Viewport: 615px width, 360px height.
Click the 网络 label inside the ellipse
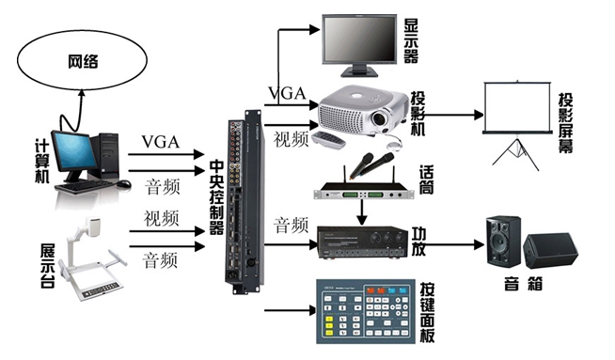point(83,62)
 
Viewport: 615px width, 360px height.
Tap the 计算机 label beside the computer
point(42,161)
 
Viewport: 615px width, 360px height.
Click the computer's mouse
point(123,183)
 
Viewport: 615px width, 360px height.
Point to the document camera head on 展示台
point(93,227)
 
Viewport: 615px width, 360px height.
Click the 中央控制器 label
point(216,196)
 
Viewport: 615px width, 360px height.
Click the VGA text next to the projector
point(287,94)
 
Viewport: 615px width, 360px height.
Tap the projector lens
point(379,117)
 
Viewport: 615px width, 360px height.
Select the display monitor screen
point(359,39)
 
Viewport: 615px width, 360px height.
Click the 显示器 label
point(411,40)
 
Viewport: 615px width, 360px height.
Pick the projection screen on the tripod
point(516,107)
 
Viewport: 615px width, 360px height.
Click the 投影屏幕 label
point(565,123)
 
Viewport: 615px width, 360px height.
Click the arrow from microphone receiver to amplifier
point(362,211)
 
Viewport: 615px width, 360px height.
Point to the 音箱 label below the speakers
point(523,283)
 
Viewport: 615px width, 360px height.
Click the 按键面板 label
point(427,312)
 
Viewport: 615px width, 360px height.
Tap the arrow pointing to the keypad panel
point(291,310)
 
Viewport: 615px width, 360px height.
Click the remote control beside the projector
point(329,140)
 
